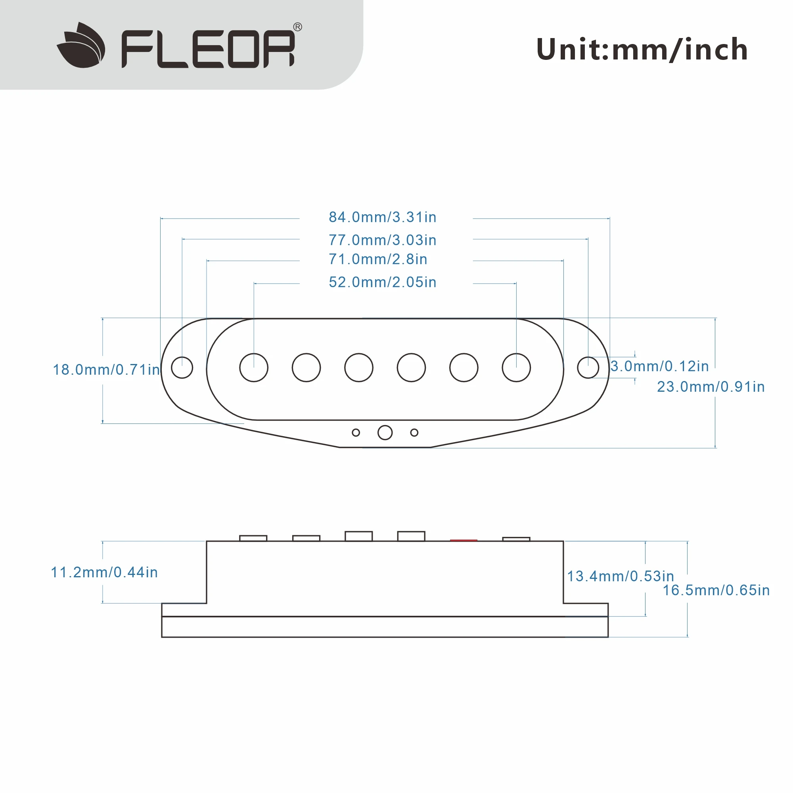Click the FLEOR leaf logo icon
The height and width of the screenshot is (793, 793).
pos(81,45)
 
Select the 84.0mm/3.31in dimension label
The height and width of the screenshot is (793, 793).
pos(383,217)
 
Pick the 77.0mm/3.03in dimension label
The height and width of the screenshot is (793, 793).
pos(383,240)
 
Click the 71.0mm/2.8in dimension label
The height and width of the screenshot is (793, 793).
pos(378,259)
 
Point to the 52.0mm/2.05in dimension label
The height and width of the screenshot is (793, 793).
pos(383,282)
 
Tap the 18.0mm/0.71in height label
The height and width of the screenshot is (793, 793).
pos(106,370)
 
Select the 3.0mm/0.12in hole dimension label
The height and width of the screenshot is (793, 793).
pos(660,366)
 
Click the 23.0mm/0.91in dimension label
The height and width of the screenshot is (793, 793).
pos(711,387)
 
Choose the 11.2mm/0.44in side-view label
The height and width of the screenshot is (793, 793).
pos(104,573)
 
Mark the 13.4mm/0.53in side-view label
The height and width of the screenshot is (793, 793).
pos(621,576)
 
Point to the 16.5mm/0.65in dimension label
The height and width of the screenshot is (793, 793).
pos(716,590)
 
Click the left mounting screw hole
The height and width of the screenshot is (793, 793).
pos(182,368)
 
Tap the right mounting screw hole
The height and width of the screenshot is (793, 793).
pos(588,368)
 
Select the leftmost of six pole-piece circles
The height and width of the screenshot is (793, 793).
pos(254,368)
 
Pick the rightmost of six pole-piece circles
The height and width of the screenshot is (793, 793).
pos(516,368)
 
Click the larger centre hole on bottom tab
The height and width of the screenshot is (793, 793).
pos(385,432)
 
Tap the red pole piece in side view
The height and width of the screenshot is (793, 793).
pos(464,540)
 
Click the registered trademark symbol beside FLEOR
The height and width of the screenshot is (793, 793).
pos(298,27)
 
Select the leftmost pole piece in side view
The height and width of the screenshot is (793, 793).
pos(253,538)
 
